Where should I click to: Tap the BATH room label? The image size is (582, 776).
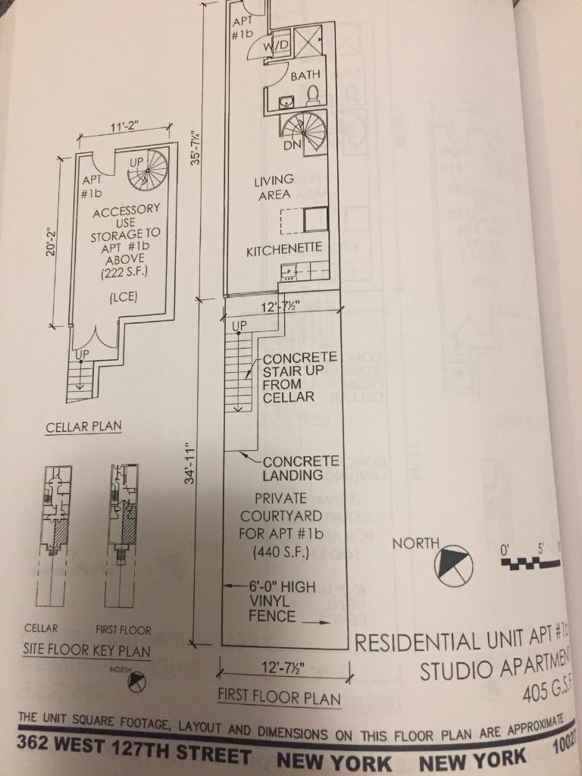(305, 76)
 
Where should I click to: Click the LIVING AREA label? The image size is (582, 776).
(274, 186)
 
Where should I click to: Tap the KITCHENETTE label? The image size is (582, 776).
(284, 249)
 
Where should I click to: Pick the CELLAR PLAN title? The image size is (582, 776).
(83, 427)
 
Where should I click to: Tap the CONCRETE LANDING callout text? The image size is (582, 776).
(300, 468)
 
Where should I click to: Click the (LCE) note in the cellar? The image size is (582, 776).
(117, 296)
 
